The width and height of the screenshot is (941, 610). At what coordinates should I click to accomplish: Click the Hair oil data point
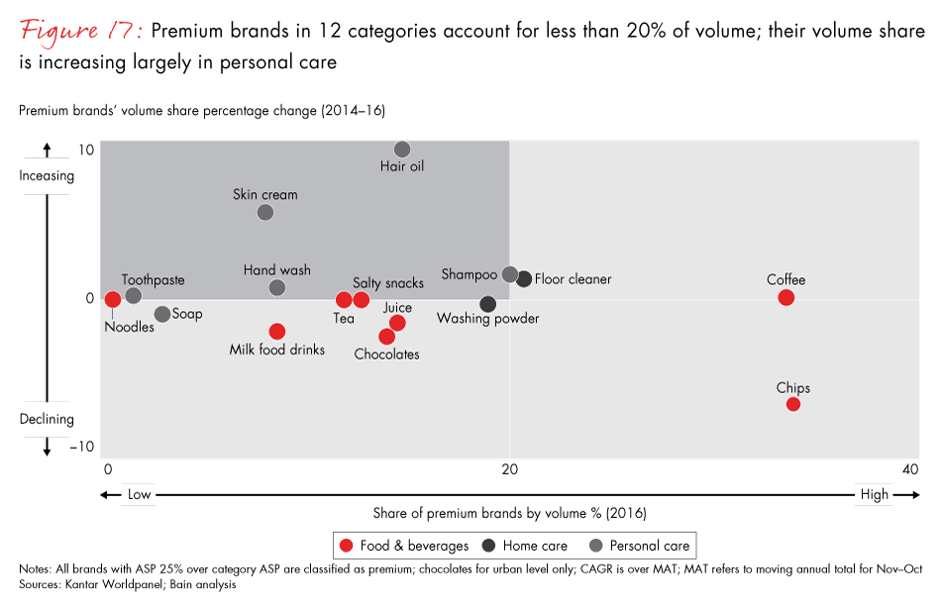(402, 150)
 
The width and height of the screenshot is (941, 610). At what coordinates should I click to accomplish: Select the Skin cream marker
(265, 212)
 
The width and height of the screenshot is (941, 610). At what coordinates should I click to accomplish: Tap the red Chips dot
(793, 404)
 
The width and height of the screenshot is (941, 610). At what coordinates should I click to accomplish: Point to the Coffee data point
(786, 297)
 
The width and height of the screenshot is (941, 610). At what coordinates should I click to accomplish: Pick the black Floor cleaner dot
(524, 279)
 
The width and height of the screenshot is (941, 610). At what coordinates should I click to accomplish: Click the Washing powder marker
(487, 304)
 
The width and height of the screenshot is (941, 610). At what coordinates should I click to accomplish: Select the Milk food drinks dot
(277, 332)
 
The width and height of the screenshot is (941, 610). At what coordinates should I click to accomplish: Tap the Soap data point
(162, 314)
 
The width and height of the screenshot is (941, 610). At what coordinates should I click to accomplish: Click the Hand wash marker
(277, 288)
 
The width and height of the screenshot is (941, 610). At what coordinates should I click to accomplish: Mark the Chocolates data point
(387, 337)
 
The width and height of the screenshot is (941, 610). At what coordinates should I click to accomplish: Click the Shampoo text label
(469, 274)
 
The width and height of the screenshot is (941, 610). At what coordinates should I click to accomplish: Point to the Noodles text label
(130, 327)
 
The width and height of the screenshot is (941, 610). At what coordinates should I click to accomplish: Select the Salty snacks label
(388, 283)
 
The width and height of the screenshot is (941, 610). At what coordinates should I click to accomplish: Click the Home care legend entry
(525, 545)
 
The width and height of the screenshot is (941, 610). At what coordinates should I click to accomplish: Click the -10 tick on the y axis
(81, 448)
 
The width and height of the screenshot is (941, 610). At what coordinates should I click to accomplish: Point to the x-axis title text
(509, 513)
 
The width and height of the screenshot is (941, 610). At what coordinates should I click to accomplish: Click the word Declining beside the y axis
(47, 419)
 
